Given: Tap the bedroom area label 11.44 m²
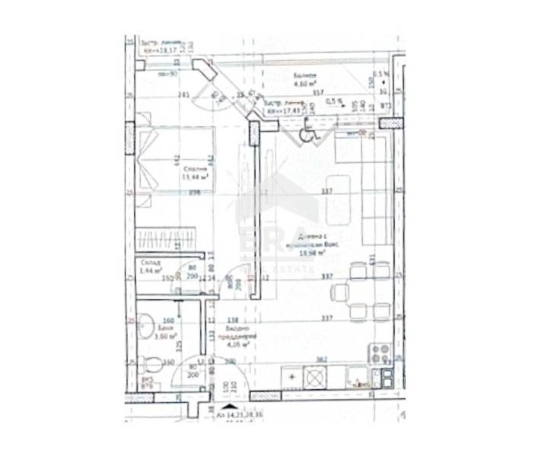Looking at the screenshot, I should [x=195, y=177].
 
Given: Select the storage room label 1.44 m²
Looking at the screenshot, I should [x=150, y=271].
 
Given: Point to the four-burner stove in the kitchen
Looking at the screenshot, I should [x=379, y=353].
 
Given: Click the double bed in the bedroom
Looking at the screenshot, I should [x=175, y=161].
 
